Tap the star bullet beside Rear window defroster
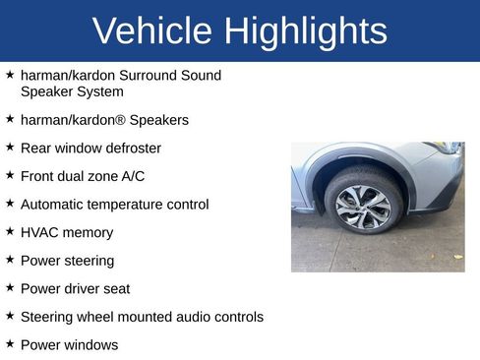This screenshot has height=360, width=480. coord(10,148)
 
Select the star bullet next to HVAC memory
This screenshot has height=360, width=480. coord(10,232)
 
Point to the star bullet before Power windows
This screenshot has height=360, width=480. coord(10,344)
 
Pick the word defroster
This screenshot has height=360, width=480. coord(130,149)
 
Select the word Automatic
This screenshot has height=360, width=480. coord(53,205)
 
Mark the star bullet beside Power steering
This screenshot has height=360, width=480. coord(10,260)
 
